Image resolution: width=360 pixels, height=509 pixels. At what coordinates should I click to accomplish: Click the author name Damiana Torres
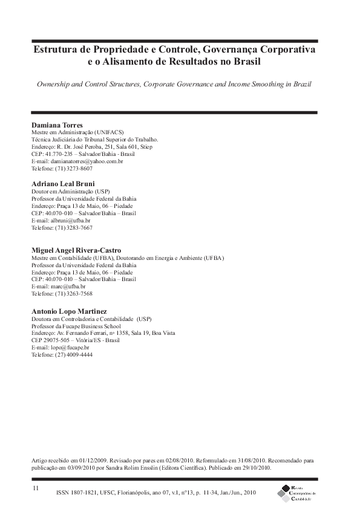tap(57, 125)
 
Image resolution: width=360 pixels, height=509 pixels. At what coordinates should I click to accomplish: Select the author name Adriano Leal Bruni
tap(63, 183)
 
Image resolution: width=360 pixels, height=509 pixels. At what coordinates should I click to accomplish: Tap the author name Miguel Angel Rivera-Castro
tap(76, 250)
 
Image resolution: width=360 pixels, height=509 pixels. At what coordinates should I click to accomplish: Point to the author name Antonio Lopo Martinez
tap(69, 311)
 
